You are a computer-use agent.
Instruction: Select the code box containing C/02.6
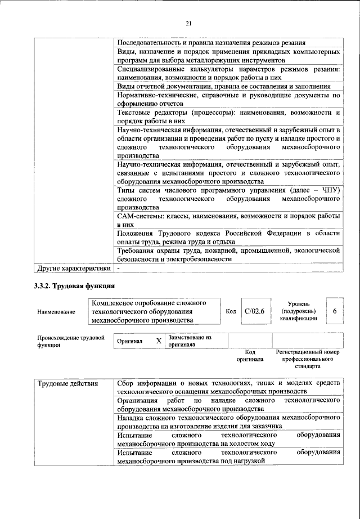254,311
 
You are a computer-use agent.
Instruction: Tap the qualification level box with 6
334,311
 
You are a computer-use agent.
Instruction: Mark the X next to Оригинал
158,341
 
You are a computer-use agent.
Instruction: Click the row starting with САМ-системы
228,220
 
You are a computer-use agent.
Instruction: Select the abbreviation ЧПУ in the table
329,191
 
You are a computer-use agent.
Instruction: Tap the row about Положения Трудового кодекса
228,238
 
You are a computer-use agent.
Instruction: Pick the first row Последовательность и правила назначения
211,42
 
